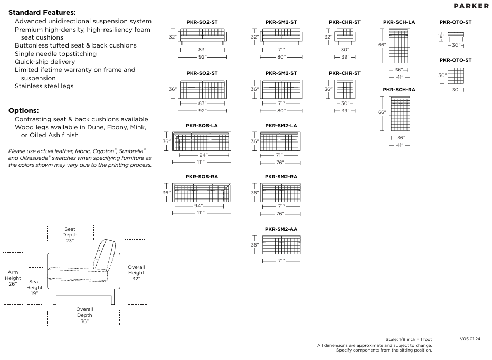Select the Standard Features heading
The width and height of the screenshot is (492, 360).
point(42,12)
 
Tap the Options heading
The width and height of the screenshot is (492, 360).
point(24,111)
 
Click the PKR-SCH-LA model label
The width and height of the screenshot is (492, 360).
point(399,22)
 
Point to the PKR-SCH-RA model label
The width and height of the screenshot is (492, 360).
point(399,90)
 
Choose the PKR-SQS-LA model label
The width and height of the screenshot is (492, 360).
point(202,126)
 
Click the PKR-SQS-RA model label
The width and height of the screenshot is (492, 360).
point(202,176)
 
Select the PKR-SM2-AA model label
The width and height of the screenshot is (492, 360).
point(281,229)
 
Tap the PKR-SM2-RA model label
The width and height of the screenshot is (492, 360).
point(281,176)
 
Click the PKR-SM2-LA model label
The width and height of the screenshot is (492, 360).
point(281,126)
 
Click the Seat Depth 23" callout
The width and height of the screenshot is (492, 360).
point(70,235)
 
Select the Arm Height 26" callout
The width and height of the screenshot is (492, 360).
point(13,278)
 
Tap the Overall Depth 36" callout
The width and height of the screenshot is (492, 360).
point(84,315)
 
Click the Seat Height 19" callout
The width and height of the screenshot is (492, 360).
point(34,288)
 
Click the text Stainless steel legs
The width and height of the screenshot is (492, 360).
point(44,86)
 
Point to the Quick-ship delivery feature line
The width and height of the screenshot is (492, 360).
point(45,62)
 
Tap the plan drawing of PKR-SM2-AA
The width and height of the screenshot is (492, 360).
point(281,245)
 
